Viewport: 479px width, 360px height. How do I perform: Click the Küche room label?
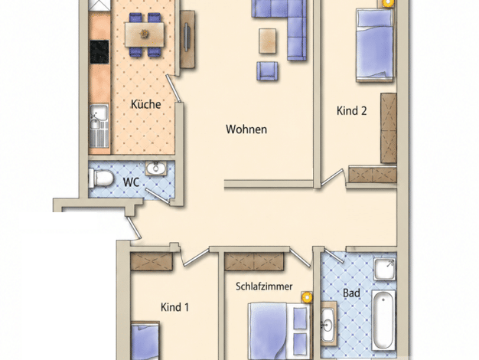pyautogui.click(x=145, y=104)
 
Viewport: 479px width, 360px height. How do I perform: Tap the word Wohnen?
pyautogui.click(x=246, y=129)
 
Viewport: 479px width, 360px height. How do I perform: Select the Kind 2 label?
pyautogui.click(x=351, y=111)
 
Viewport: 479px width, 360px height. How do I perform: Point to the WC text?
pyautogui.click(x=132, y=182)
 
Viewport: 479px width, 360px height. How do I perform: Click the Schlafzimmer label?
pyautogui.click(x=264, y=286)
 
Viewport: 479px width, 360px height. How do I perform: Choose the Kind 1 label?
pyautogui.click(x=174, y=307)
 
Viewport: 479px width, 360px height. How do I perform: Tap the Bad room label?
pyautogui.click(x=351, y=293)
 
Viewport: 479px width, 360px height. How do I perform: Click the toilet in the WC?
pyautogui.click(x=101, y=178)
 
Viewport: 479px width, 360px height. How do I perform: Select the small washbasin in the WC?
pyautogui.click(x=156, y=168)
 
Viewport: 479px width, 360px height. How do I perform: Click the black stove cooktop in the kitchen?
pyautogui.click(x=99, y=51)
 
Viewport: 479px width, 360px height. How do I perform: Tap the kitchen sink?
pyautogui.click(x=99, y=126)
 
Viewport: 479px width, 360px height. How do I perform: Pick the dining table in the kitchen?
pyautogui.click(x=144, y=34)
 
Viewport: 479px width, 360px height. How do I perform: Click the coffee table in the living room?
pyautogui.click(x=268, y=41)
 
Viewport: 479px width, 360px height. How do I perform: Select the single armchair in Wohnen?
pyautogui.click(x=267, y=71)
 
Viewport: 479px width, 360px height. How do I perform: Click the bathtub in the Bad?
pyautogui.click(x=383, y=319)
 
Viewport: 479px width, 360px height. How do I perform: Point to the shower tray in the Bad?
pyautogui.click(x=385, y=270)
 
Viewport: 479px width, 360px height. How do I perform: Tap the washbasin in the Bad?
pyautogui.click(x=328, y=324)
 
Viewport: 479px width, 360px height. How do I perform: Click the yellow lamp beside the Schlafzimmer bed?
pyautogui.click(x=307, y=297)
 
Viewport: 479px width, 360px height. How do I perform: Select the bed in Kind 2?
pyautogui.click(x=374, y=45)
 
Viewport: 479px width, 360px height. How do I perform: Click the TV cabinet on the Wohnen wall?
pyautogui.click(x=187, y=39)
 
